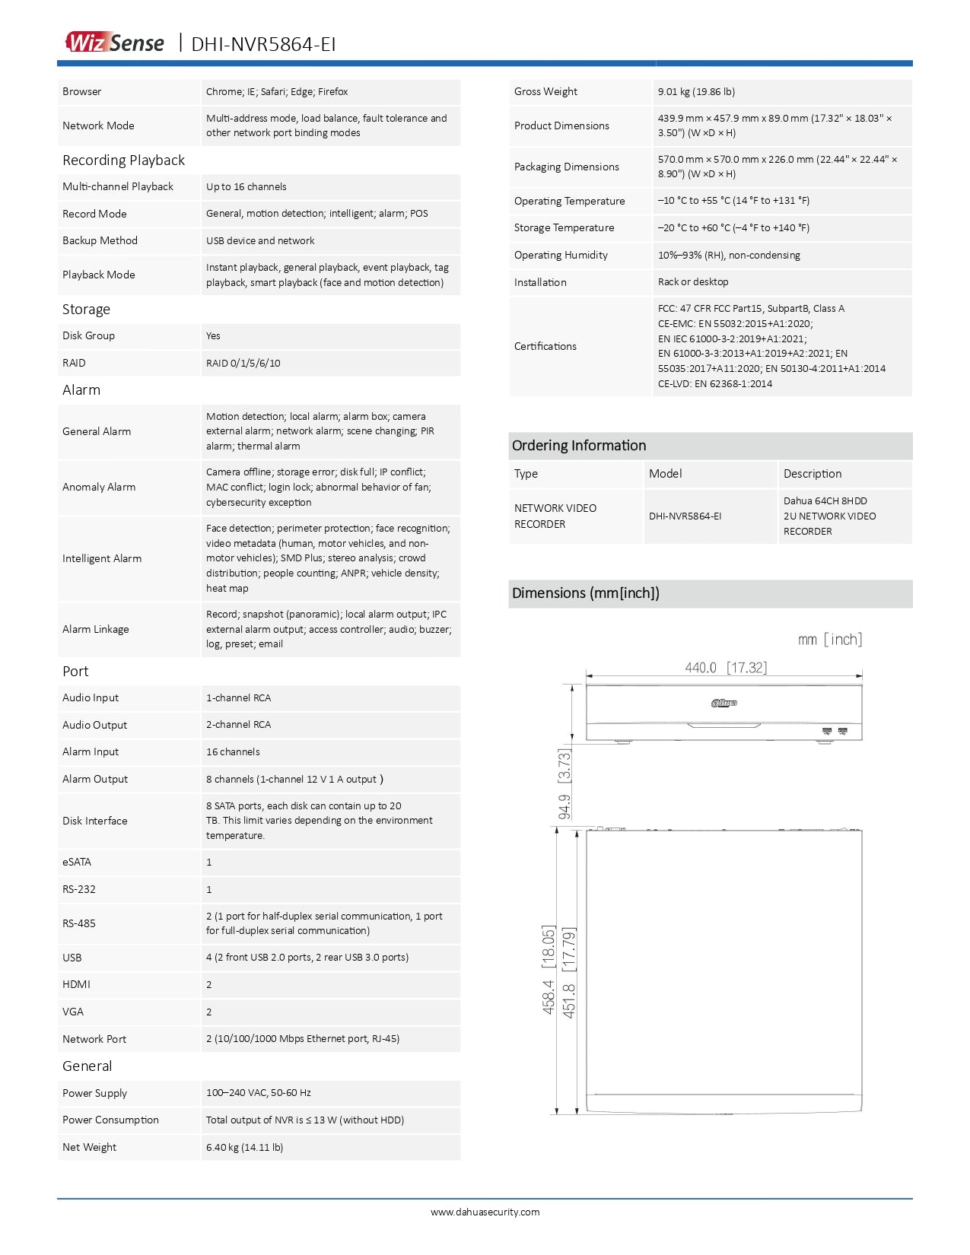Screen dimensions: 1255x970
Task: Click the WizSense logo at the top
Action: click(x=115, y=43)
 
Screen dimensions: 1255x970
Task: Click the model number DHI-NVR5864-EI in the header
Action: click(x=263, y=44)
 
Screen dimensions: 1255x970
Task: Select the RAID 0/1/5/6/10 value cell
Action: click(x=243, y=363)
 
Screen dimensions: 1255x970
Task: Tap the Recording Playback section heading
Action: click(x=123, y=160)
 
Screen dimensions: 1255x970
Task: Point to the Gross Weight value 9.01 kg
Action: click(x=696, y=92)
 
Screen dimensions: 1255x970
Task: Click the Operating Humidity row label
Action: click(x=561, y=256)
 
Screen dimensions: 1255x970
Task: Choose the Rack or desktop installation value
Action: click(x=693, y=282)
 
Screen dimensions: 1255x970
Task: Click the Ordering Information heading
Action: click(x=579, y=446)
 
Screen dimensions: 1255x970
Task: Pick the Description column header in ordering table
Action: click(x=813, y=474)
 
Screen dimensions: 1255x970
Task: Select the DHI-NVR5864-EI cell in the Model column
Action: click(x=685, y=516)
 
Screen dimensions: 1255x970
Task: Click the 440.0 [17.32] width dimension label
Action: click(x=726, y=668)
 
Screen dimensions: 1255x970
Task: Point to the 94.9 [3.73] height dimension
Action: click(x=565, y=784)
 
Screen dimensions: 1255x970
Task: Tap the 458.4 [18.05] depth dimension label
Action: click(x=549, y=970)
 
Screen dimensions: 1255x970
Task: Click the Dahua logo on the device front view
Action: click(x=724, y=703)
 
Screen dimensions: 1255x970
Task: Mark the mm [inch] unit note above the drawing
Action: click(x=830, y=640)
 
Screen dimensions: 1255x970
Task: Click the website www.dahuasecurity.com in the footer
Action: click(x=485, y=1212)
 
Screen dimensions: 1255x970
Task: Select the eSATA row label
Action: click(x=77, y=863)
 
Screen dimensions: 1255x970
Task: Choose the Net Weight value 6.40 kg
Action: click(x=244, y=1148)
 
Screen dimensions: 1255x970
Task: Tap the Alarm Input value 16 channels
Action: click(x=233, y=752)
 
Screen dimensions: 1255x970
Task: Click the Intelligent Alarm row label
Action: click(x=102, y=559)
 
